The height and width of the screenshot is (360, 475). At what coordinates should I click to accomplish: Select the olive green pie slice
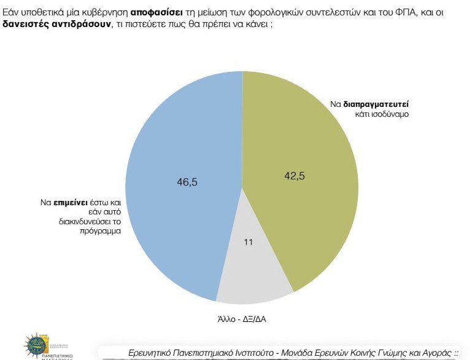(307, 203)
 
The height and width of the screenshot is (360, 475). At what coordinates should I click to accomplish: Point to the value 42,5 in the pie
(294, 175)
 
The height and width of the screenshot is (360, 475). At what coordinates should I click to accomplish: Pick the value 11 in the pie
(249, 242)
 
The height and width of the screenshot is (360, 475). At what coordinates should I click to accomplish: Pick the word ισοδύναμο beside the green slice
(388, 114)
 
